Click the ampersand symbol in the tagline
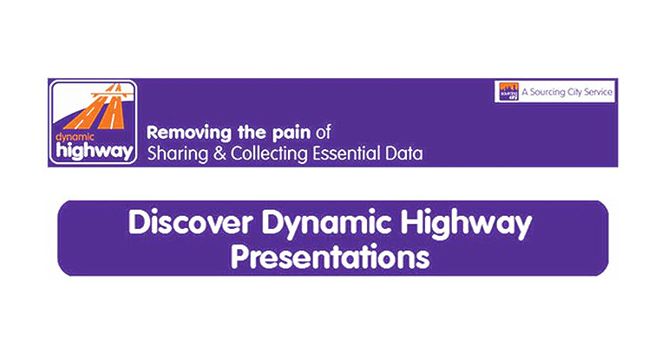pyautogui.click(x=219, y=154)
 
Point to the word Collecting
pyautogui.click(x=269, y=154)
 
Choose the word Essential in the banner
pyautogui.click(x=346, y=154)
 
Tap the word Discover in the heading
pyautogui.click(x=191, y=222)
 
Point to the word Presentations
pyautogui.click(x=331, y=257)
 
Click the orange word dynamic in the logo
pyautogui.click(x=75, y=138)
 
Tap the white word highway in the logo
pyautogui.click(x=95, y=151)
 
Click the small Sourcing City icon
pyautogui.click(x=508, y=92)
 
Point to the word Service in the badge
pyautogui.click(x=598, y=92)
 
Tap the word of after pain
pyautogui.click(x=324, y=133)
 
